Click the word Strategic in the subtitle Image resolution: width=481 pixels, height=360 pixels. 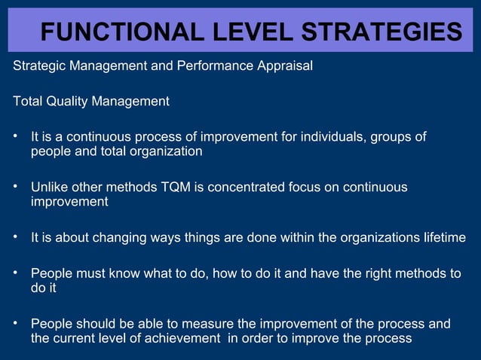[x=39, y=66]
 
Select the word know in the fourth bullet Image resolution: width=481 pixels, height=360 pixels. [x=128, y=273]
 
